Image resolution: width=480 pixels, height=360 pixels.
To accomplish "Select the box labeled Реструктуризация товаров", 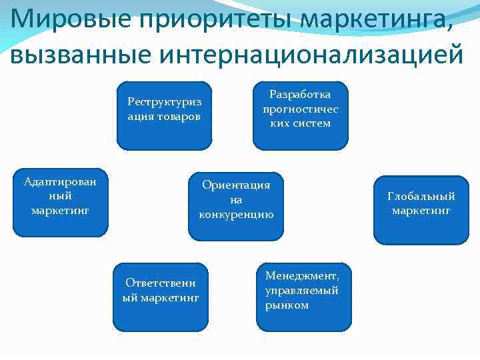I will tap(164, 115).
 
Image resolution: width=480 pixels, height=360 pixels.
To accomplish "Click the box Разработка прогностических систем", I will tap(300, 115).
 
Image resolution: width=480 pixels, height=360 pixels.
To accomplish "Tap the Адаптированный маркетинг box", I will tap(60, 203).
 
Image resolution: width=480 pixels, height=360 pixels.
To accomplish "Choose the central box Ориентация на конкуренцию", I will tap(236, 206).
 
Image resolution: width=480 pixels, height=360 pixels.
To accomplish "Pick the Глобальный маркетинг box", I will tap(421, 210).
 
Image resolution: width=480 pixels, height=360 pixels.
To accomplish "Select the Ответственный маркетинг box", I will tap(161, 297).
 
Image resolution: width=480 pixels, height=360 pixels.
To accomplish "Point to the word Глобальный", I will tap(421, 196).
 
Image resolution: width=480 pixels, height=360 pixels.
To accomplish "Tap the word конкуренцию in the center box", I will tap(236, 215).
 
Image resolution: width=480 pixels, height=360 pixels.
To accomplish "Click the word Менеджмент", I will tap(302, 276).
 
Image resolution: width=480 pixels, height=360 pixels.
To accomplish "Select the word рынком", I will tap(287, 305).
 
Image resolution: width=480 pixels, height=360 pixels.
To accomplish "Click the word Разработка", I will tap(300, 94).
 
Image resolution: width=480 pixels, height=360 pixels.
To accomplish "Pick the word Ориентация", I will tap(236, 185).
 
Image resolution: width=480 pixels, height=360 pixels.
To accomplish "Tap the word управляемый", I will tap(301, 291).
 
